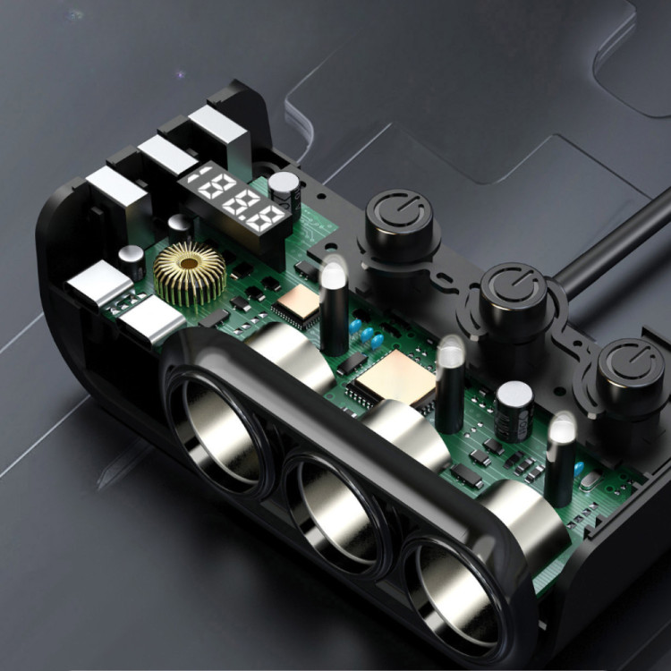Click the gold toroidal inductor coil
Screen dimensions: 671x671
point(190,274)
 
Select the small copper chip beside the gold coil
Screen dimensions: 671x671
point(298,302)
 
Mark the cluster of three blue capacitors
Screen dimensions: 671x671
point(366,335)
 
